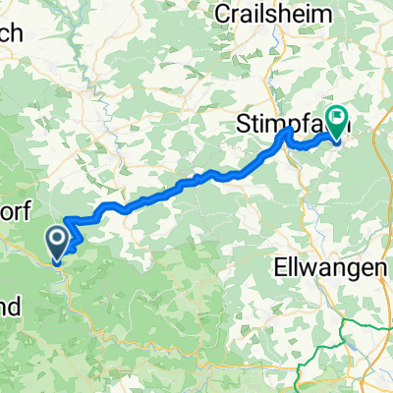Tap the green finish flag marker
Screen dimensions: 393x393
coord(338,121)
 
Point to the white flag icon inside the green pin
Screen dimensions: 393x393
coord(338,120)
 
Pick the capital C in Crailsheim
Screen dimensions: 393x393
coord(221,15)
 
